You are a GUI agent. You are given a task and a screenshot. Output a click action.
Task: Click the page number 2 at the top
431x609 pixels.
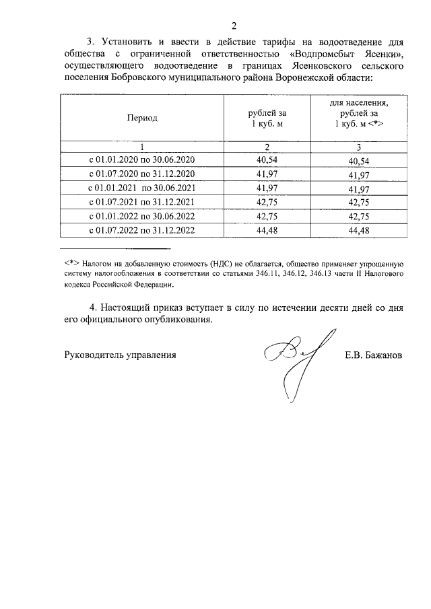tap(234, 26)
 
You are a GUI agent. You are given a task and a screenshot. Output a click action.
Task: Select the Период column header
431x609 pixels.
tap(141, 118)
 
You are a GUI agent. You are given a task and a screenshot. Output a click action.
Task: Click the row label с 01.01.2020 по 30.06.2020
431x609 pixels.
tap(141, 159)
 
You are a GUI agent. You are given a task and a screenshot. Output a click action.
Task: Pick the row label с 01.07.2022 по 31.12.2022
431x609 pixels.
tap(141, 230)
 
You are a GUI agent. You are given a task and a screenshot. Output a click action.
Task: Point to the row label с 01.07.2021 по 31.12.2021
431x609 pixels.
tap(141, 202)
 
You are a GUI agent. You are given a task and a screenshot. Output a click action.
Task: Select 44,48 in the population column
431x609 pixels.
tap(359, 231)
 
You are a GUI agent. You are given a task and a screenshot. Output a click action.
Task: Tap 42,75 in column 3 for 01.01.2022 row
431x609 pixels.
tap(359, 217)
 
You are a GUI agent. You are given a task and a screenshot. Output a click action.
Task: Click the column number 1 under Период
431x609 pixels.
tap(141, 147)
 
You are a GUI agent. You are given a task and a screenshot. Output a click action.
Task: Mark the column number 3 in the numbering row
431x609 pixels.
tap(359, 147)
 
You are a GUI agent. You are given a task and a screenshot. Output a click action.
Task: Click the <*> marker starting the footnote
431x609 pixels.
tap(72, 263)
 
